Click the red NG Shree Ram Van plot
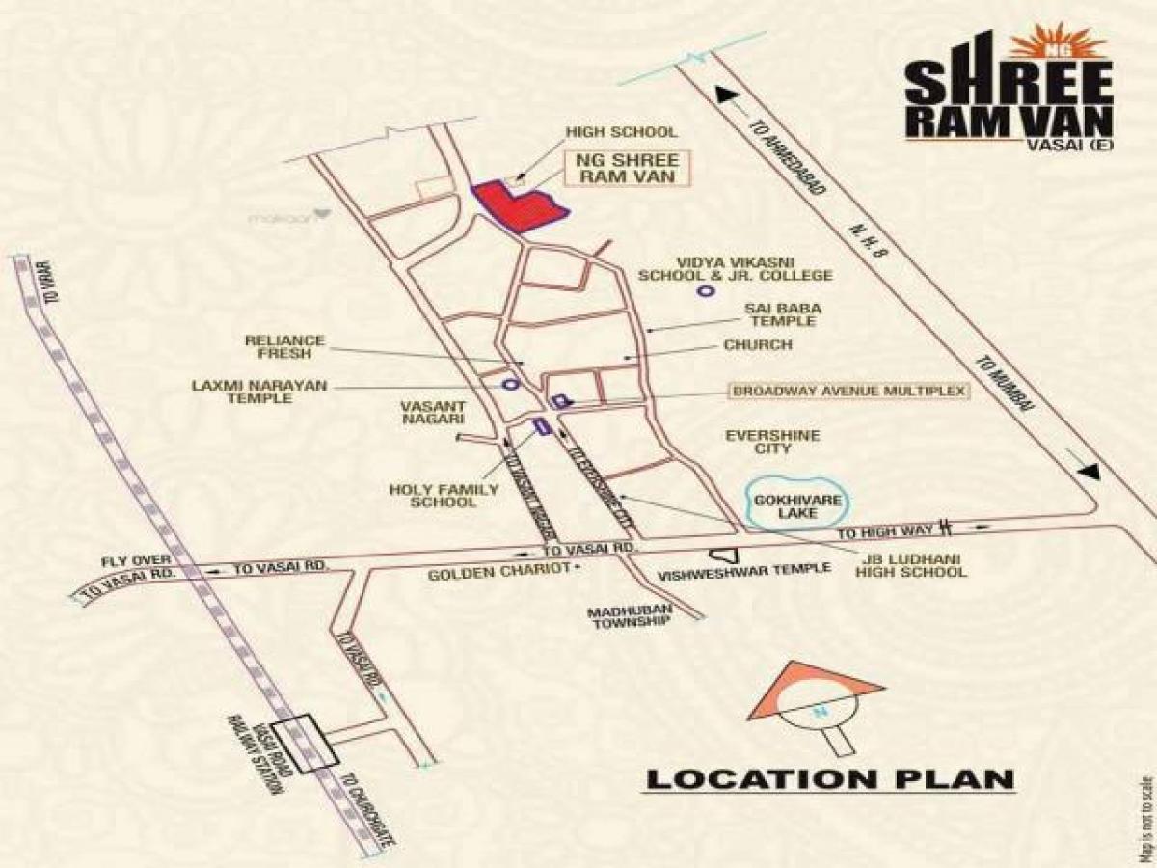pyautogui.click(x=516, y=204)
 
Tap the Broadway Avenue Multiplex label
pyautogui.click(x=848, y=391)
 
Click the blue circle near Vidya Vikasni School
pyautogui.click(x=705, y=290)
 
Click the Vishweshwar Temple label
pyautogui.click(x=743, y=569)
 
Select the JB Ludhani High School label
pyautogui.click(x=910, y=564)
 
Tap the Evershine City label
pyautogui.click(x=772, y=442)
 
